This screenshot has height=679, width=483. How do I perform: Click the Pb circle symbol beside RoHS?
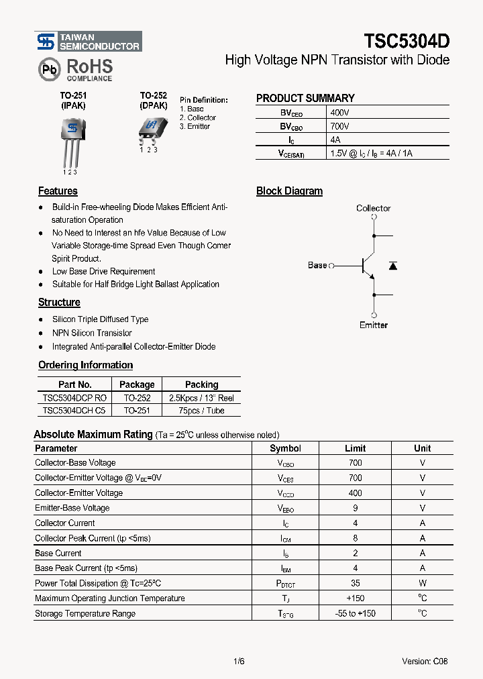(50, 69)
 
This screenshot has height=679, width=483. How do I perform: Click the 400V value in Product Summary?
(339, 113)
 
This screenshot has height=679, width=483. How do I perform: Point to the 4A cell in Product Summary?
(336, 140)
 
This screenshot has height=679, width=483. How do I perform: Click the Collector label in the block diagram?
(373, 208)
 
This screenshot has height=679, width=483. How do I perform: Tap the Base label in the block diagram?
(317, 265)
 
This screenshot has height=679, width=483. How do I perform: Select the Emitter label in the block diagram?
(373, 325)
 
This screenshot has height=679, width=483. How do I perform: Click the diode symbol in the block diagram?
(393, 266)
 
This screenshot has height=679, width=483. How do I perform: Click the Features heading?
(58, 191)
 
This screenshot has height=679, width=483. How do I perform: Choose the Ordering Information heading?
(85, 365)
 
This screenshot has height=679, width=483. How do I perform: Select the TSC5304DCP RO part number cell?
(74, 398)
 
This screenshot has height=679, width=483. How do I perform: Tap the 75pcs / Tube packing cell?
(201, 411)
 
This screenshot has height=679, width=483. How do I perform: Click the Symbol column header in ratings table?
(285, 448)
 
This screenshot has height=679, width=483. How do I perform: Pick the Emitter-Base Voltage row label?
(72, 508)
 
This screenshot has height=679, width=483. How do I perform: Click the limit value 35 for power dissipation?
(355, 583)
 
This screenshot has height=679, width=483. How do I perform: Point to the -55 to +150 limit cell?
(355, 613)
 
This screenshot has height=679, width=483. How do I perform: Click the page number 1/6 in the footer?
(239, 661)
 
